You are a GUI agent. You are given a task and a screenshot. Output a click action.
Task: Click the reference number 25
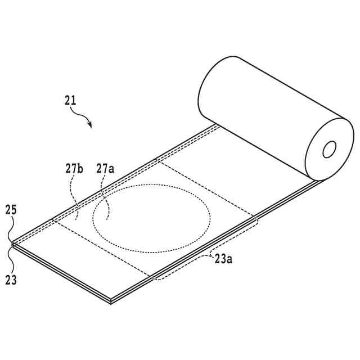(x=11, y=210)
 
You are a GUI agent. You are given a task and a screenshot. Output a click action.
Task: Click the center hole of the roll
(x=329, y=148)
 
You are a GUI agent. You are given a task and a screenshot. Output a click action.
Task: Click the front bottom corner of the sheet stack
(x=111, y=301)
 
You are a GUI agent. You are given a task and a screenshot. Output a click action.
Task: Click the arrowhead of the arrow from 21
(x=89, y=125)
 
